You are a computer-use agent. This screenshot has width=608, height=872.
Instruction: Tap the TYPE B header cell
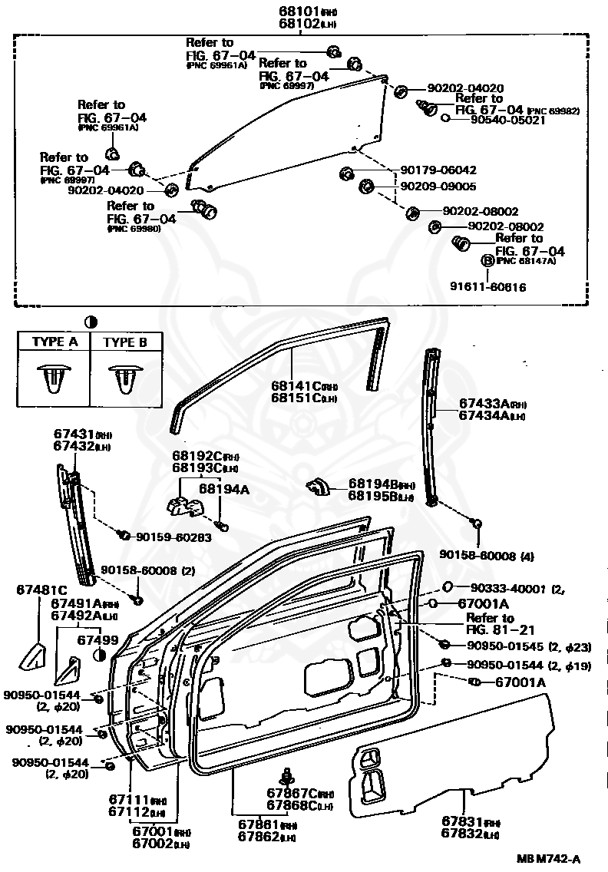[125, 342]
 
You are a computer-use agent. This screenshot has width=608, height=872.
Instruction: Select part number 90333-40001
[501, 589]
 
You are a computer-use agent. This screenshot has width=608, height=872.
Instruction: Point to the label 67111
[130, 799]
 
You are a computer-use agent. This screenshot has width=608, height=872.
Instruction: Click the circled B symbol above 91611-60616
[487, 261]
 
